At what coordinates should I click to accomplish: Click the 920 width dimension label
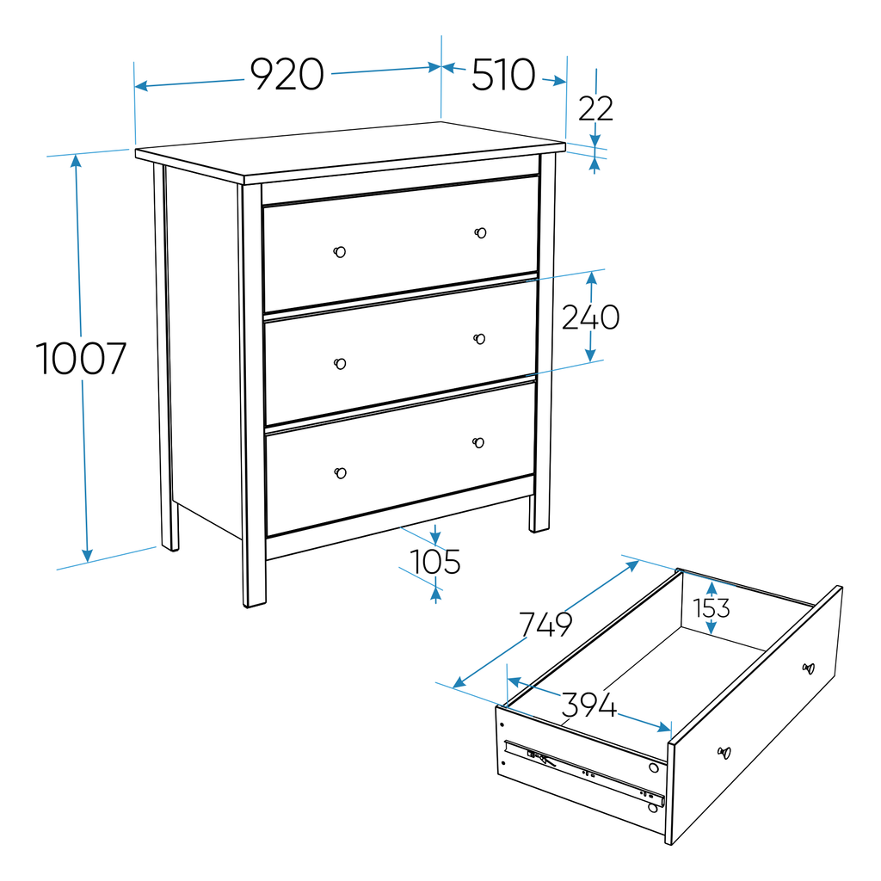[286, 75]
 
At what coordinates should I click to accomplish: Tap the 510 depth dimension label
[503, 76]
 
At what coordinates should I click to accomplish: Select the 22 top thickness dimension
[595, 109]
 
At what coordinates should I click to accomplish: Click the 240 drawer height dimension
[590, 317]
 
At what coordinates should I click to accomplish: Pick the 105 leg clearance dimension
[435, 562]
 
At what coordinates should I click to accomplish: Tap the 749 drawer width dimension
[545, 624]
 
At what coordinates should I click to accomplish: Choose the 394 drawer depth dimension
[589, 705]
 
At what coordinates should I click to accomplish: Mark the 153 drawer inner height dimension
[712, 607]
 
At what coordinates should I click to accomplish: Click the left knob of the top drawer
[340, 252]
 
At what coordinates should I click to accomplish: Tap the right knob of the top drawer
[480, 233]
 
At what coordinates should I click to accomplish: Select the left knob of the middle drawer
[340, 363]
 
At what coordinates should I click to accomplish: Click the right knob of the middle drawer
[479, 339]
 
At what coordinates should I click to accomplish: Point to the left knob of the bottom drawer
[341, 472]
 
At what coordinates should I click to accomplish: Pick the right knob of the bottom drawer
[478, 442]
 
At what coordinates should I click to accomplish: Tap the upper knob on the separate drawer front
[808, 668]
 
